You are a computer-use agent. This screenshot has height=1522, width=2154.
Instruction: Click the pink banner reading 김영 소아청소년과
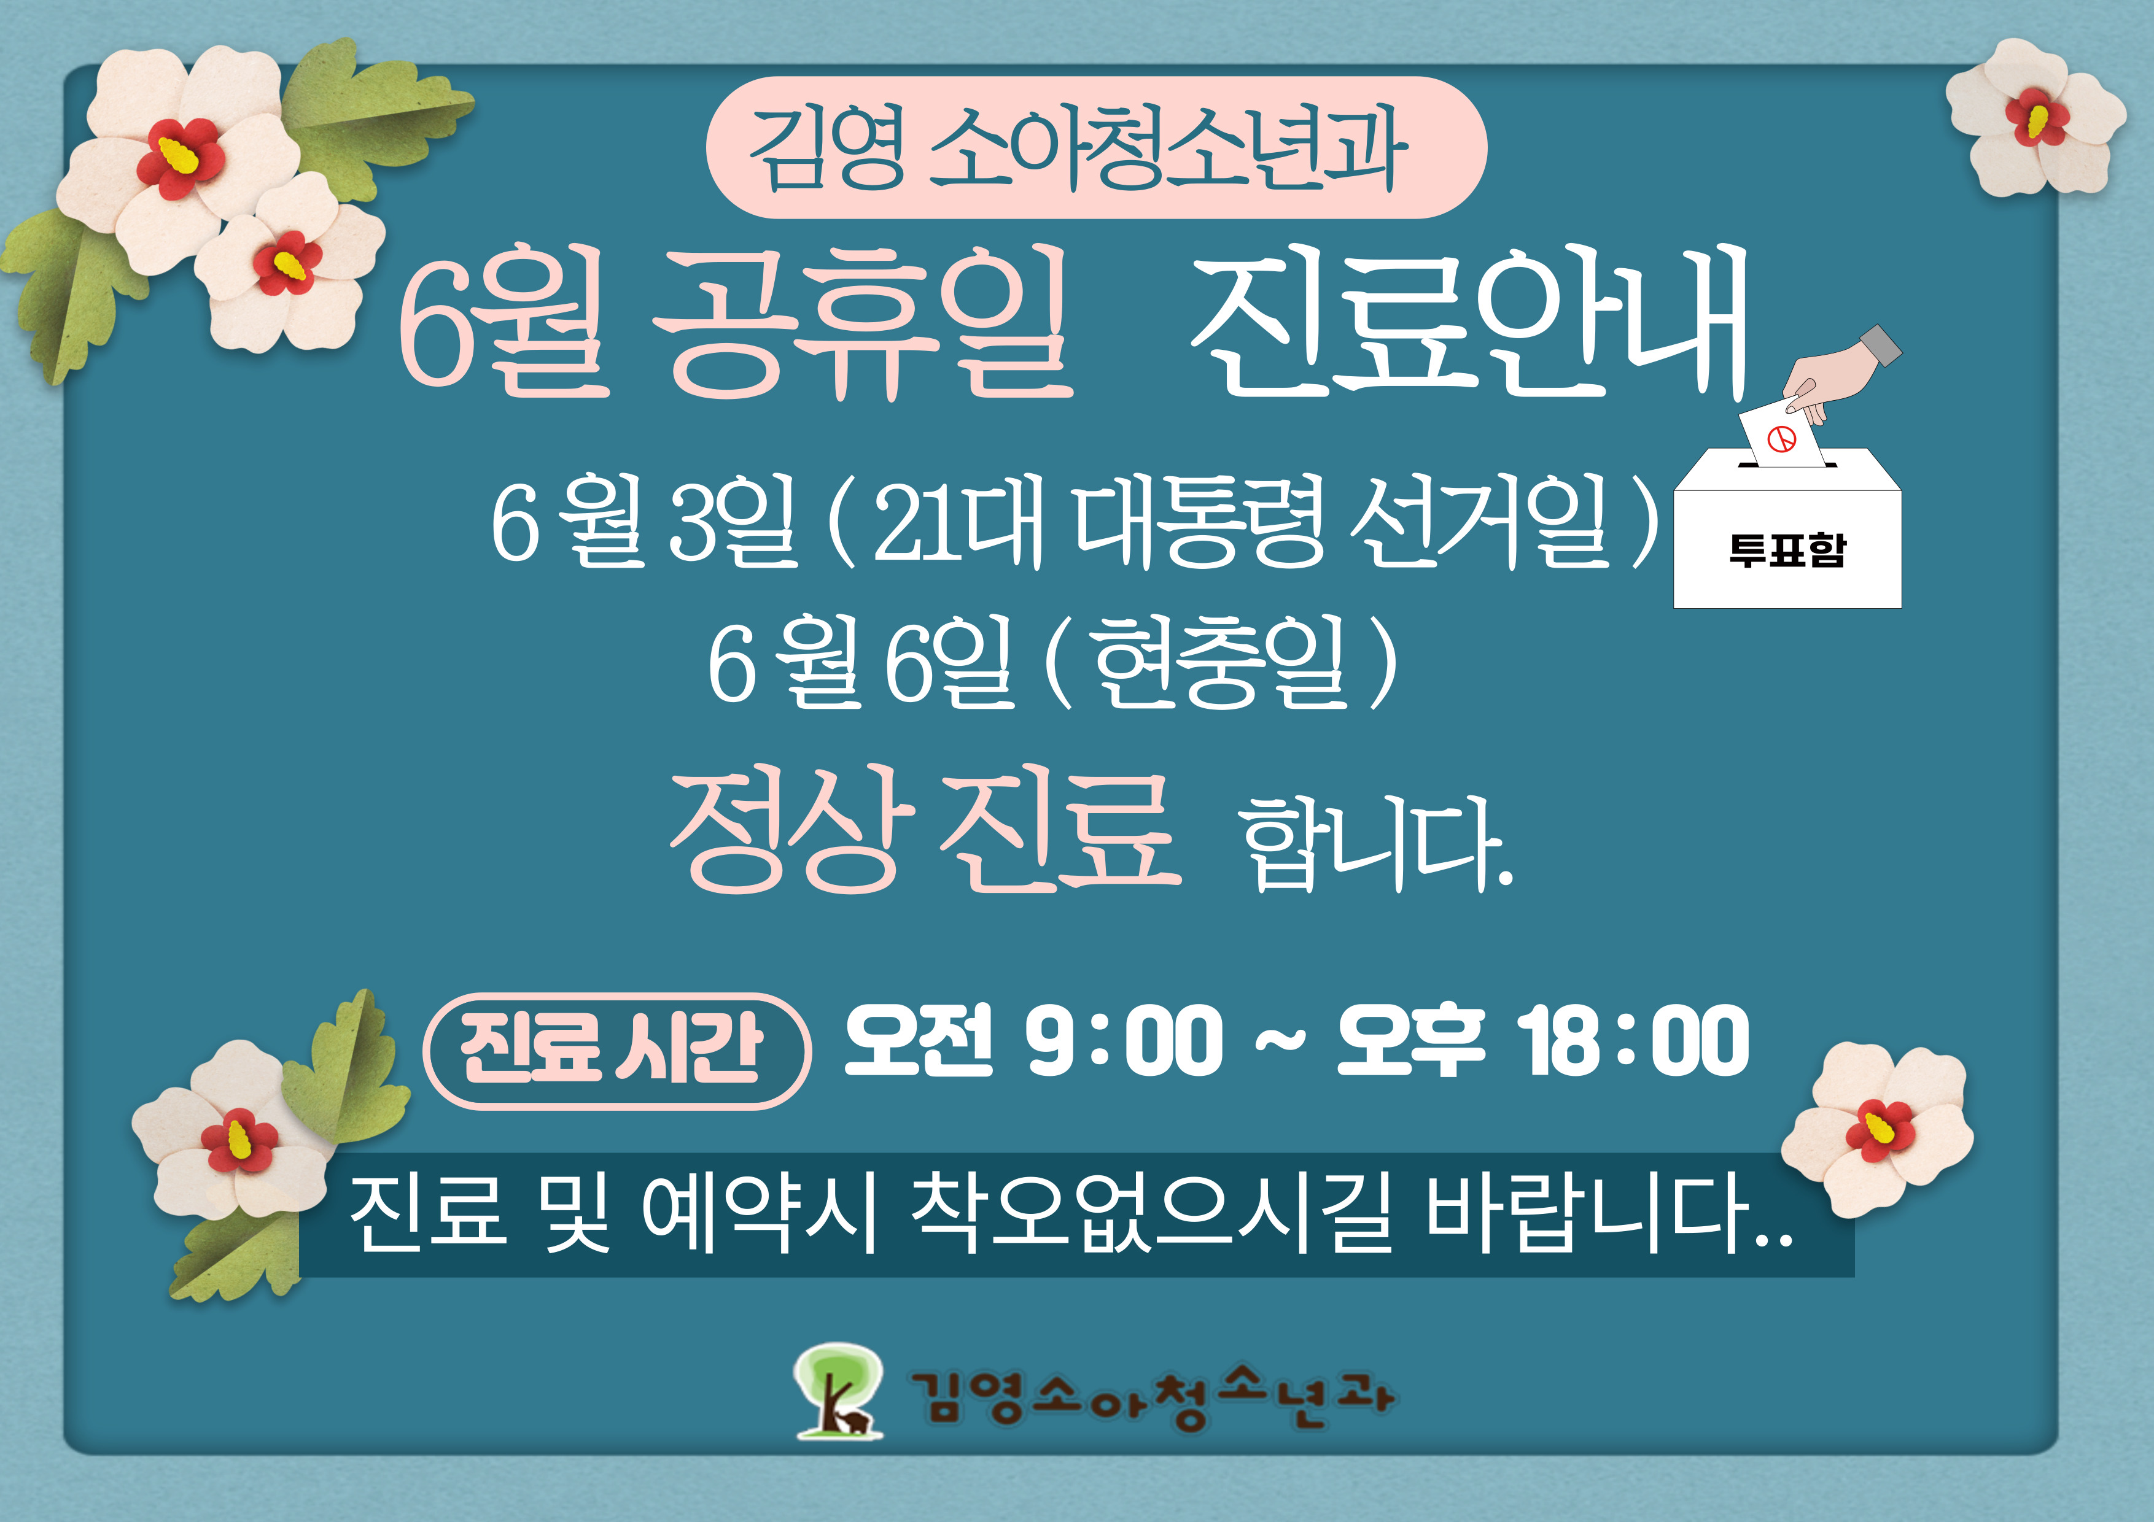point(1096,148)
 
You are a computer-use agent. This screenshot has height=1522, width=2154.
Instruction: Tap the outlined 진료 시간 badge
point(617,1050)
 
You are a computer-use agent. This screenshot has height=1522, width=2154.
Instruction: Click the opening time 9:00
point(1124,1041)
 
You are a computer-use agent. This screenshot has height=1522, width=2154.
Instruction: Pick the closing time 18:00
point(1633,1041)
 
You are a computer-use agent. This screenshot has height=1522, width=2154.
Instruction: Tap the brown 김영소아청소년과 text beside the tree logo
point(1150,1397)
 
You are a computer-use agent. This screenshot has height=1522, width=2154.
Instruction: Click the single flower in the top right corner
point(2035,118)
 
